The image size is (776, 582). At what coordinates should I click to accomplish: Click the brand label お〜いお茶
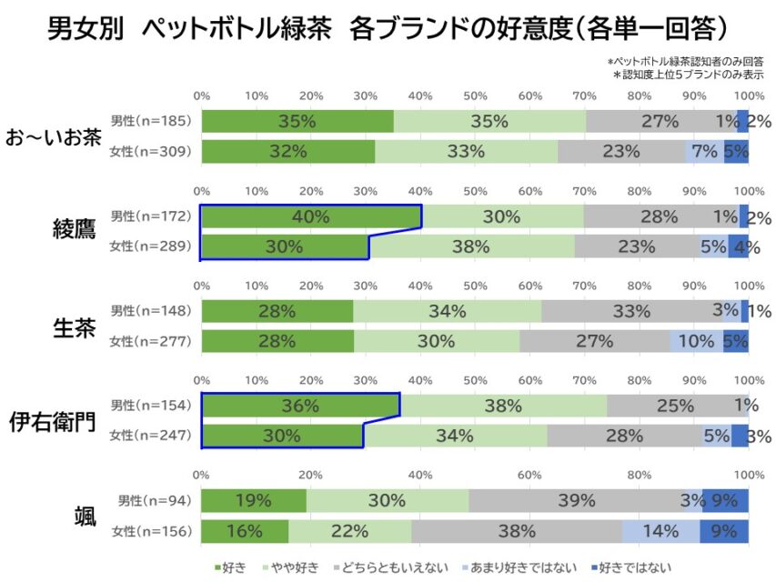(53, 137)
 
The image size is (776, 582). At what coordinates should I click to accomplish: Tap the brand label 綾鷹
(73, 231)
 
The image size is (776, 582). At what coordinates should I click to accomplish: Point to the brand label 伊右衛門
(53, 420)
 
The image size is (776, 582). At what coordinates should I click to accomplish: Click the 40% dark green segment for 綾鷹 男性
(311, 216)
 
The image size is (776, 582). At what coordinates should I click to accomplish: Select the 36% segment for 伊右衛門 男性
(300, 406)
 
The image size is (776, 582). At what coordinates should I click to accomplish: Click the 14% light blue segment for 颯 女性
(660, 531)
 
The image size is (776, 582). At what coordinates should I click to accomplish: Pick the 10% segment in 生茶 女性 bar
(696, 341)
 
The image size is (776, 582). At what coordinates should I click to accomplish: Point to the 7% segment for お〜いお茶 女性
(704, 151)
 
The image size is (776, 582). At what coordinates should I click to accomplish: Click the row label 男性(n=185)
(151, 120)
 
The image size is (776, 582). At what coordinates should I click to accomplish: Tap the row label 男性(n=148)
(151, 311)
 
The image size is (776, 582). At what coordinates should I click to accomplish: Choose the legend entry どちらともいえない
(392, 568)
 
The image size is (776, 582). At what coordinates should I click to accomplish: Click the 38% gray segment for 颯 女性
(517, 531)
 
